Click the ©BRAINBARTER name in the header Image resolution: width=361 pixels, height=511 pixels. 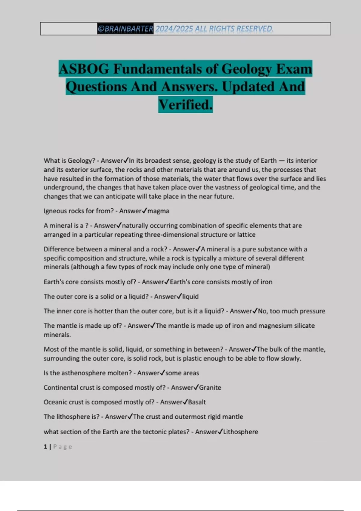point(125,29)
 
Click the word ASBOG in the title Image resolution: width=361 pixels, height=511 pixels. point(84,69)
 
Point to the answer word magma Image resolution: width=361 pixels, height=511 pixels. point(158,211)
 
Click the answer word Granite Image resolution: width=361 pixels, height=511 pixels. point(210,387)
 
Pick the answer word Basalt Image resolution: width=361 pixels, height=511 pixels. point(197,402)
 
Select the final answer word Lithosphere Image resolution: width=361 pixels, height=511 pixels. point(241,432)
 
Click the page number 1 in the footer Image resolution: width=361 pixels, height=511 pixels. point(45,447)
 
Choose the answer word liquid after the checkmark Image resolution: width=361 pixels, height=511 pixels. point(190,297)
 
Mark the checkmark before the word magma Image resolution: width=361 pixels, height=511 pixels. point(144,211)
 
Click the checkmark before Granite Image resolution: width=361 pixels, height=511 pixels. point(196,387)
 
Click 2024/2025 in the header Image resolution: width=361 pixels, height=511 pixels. point(174,29)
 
